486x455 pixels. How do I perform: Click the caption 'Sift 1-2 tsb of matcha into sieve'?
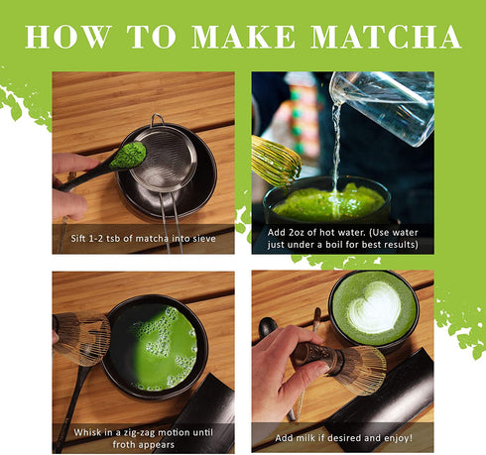(143, 239)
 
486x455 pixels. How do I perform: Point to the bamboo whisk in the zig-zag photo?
(82, 337)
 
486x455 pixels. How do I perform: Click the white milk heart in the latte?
(375, 307)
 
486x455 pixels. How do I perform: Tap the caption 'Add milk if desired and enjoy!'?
(342, 436)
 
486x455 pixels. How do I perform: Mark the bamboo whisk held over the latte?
(342, 367)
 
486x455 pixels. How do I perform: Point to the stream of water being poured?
(336, 149)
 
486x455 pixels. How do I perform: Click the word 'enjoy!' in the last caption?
(395, 436)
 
